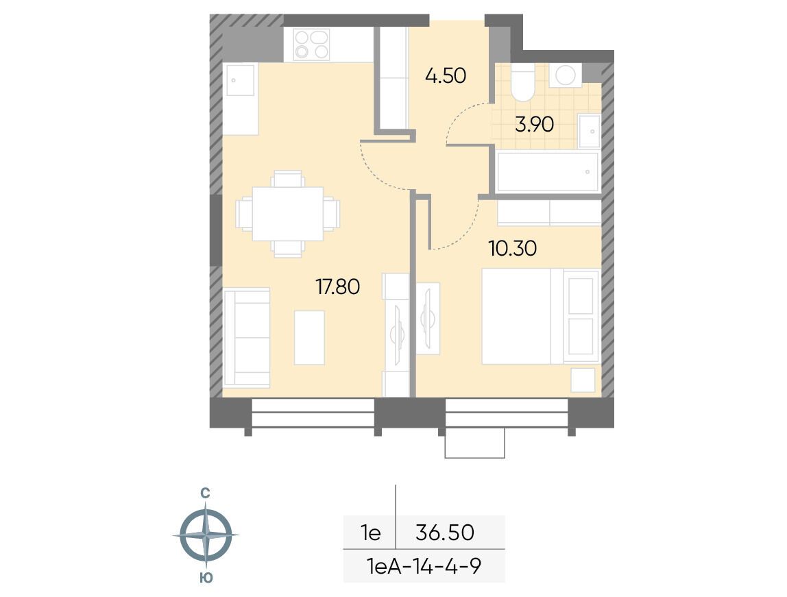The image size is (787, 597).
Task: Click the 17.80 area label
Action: pyautogui.click(x=337, y=287)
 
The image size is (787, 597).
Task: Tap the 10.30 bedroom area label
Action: pyautogui.click(x=513, y=248)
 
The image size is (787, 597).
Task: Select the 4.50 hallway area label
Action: pyautogui.click(x=445, y=76)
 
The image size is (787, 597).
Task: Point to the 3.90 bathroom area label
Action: pyautogui.click(x=534, y=124)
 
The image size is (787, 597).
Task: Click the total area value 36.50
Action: pyautogui.click(x=445, y=533)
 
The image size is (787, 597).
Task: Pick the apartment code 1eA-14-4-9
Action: pyautogui.click(x=424, y=566)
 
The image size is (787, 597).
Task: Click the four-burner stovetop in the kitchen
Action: pyautogui.click(x=311, y=45)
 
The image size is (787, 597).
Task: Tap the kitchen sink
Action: pyautogui.click(x=240, y=80)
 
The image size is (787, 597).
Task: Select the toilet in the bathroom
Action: pyautogui.click(x=522, y=82)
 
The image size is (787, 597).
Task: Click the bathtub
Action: pyautogui.click(x=548, y=171)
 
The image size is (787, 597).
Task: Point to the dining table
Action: pyautogui.click(x=288, y=214)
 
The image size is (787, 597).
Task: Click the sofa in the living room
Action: pyautogui.click(x=246, y=338)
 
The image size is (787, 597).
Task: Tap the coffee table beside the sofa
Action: pyautogui.click(x=309, y=338)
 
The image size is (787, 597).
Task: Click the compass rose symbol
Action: pyautogui.click(x=206, y=535)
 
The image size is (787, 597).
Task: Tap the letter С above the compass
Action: pyautogui.click(x=205, y=494)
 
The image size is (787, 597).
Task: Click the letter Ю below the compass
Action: pyautogui.click(x=206, y=578)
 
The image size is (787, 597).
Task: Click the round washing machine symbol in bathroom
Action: pyautogui.click(x=565, y=76)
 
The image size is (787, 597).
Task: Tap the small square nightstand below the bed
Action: pyautogui.click(x=583, y=380)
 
